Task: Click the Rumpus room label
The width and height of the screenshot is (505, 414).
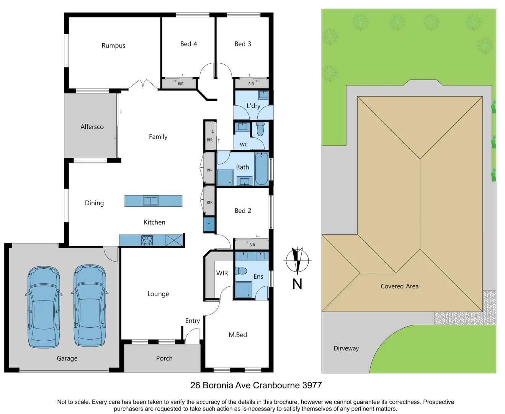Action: pos(113,46)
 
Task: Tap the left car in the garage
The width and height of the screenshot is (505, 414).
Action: pos(44,307)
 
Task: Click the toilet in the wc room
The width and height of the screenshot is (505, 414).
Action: pos(260,129)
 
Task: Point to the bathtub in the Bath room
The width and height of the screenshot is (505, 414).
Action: pos(261,169)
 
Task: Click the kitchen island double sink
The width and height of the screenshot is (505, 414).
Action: pos(150,200)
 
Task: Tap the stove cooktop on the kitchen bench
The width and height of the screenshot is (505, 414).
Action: pos(147,240)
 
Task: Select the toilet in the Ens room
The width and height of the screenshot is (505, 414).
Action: pos(241,271)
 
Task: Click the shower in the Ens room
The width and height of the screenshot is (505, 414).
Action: pos(243,290)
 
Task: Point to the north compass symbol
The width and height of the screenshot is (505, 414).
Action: pos(297,261)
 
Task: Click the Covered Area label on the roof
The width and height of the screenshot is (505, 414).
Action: pos(399,286)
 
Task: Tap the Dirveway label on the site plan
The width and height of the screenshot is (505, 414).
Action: pos(346,348)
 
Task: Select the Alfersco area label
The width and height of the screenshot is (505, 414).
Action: pos(92,127)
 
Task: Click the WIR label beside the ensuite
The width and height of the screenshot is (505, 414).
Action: pos(222,273)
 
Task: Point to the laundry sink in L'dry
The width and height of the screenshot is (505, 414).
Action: pos(263,95)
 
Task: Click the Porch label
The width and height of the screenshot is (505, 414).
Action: pos(164,358)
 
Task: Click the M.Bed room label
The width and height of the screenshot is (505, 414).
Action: pos(238,335)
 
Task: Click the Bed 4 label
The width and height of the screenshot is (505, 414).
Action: pos(189,44)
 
